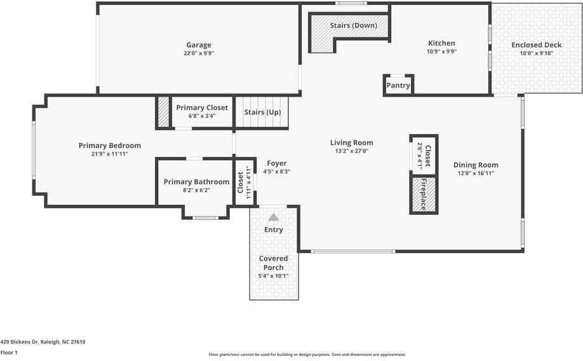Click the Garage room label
(x=199, y=45)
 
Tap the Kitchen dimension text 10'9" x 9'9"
(x=441, y=52)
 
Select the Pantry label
(x=398, y=86)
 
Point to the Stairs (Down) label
(x=353, y=26)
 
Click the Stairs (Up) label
(x=262, y=112)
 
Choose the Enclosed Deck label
(x=537, y=45)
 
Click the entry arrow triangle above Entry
(x=274, y=217)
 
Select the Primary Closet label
(x=202, y=108)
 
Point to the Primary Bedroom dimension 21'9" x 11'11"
(x=110, y=154)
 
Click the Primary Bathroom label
(x=196, y=182)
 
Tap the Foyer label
(x=276, y=163)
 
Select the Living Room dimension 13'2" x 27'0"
(x=351, y=151)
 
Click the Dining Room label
(x=476, y=165)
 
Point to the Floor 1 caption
(x=9, y=352)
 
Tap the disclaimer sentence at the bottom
(x=307, y=355)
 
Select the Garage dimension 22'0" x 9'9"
(x=199, y=53)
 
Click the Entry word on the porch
(x=274, y=229)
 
